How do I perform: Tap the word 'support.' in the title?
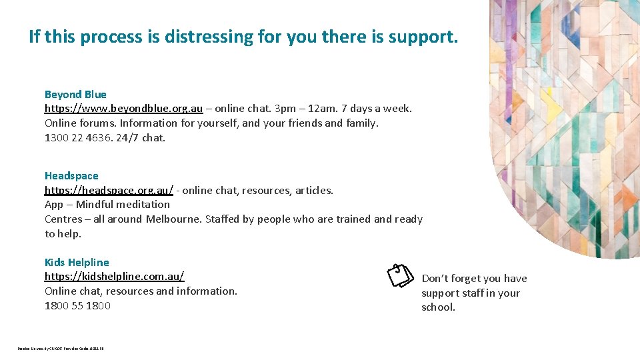(x=427, y=37)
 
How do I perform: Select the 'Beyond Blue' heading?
(x=75, y=95)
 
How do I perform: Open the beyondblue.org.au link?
(x=123, y=109)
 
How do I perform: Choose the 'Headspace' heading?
(x=71, y=176)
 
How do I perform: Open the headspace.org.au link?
(x=109, y=191)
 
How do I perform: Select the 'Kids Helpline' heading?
(x=77, y=263)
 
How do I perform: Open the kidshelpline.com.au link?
(x=114, y=277)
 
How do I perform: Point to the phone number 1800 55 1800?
(x=77, y=306)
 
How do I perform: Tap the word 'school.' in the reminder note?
(x=438, y=307)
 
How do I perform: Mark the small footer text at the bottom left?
(x=61, y=348)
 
